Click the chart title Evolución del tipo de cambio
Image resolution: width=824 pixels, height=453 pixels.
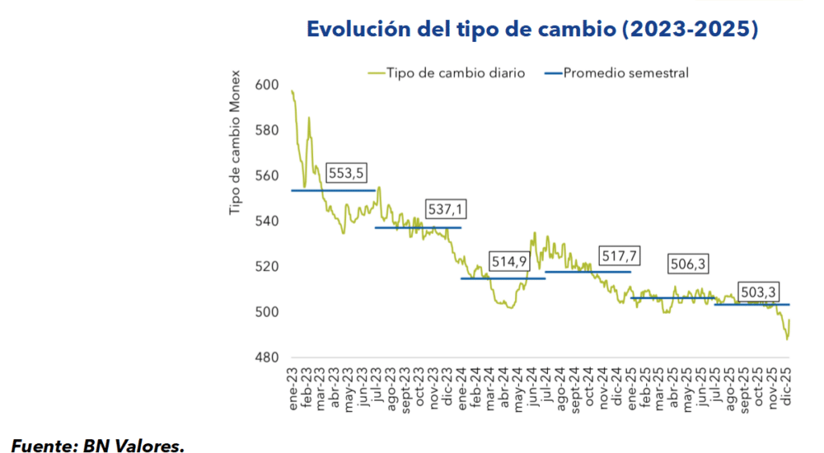coord(532,30)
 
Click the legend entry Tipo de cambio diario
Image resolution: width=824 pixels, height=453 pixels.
coord(455,73)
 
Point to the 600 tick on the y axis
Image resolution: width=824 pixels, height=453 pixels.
coord(267,85)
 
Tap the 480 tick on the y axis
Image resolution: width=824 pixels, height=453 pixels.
coord(267,357)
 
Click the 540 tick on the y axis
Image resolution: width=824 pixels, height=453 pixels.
coord(267,221)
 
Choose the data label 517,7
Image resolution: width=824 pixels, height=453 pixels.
coord(619,255)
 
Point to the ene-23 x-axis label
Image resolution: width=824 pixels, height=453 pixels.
coord(293,390)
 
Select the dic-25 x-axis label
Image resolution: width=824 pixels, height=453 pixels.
coord(788,390)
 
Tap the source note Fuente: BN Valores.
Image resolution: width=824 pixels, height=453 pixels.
coord(97,443)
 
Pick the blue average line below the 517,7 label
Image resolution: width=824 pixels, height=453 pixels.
coord(587,272)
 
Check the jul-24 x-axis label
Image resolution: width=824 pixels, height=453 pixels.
coord(546,390)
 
